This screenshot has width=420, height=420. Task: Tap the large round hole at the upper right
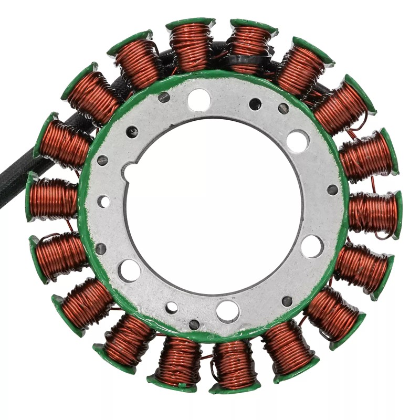[x=297, y=141]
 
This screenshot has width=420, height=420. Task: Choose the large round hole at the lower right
[x=312, y=246]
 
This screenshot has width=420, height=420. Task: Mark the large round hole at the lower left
[x=129, y=270]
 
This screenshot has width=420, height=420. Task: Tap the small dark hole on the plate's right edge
[x=332, y=190]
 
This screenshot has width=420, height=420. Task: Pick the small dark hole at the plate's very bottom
[x=194, y=324]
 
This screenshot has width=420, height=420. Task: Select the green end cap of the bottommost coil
[x=233, y=388]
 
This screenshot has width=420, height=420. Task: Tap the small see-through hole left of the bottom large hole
[x=172, y=308]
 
